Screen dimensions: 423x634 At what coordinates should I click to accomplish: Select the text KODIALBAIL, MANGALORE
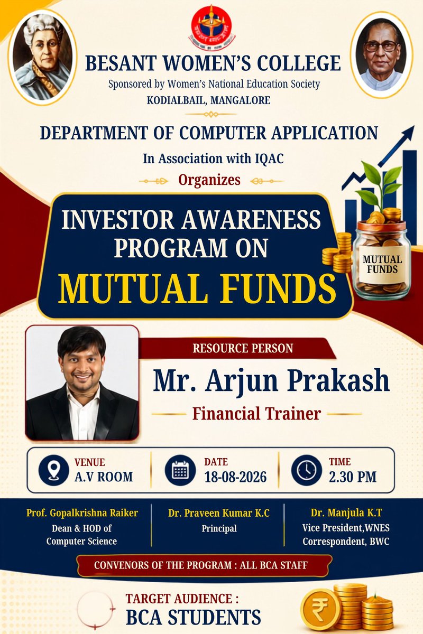point(208,100)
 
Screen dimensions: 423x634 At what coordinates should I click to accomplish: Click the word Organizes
point(209,180)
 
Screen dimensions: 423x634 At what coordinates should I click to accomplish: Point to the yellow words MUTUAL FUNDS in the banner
point(197,288)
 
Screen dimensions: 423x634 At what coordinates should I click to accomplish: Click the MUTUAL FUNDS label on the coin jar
point(382,264)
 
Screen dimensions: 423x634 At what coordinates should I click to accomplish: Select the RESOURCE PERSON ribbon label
point(243,348)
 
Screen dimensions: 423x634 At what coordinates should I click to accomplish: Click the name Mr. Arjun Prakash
point(271,380)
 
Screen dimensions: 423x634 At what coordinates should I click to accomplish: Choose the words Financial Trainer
point(256,414)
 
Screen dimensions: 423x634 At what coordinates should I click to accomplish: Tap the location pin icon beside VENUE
point(53,471)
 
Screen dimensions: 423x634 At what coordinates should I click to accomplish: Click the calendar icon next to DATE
point(180,471)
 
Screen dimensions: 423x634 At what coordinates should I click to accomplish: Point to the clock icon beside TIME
point(307,471)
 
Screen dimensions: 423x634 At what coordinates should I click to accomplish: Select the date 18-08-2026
point(235,477)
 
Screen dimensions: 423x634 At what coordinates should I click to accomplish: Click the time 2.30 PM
point(353,477)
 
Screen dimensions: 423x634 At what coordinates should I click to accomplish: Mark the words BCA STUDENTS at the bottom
point(194,617)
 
